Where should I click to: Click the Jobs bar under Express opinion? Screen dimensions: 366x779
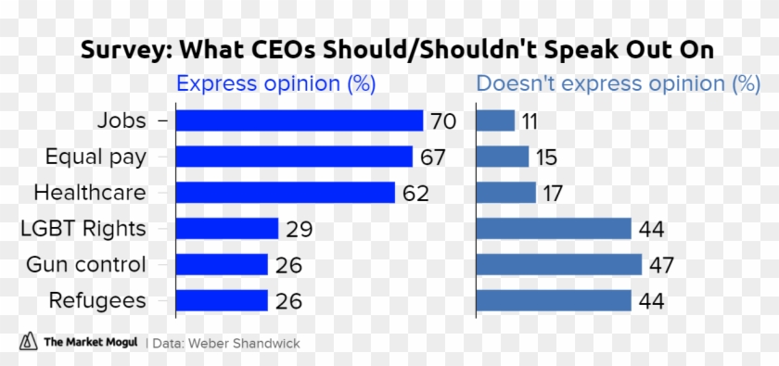coord(299,120)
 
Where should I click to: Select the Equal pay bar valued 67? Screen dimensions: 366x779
coord(293,157)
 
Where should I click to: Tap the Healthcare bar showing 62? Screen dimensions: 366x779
coord(285,193)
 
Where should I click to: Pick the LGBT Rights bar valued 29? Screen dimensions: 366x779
coord(226,229)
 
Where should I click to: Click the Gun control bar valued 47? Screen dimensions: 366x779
coord(558,265)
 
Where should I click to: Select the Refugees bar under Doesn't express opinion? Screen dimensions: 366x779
coord(554,301)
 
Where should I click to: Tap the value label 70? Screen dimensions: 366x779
coord(441,121)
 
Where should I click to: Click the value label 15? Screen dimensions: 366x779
coord(546,158)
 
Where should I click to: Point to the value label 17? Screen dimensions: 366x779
coord(553,194)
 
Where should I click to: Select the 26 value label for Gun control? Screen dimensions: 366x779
coord(288,266)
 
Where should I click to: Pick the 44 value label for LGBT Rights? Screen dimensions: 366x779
coord(651,230)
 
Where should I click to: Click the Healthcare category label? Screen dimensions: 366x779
coord(90,193)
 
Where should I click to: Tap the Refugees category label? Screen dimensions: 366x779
coord(99,301)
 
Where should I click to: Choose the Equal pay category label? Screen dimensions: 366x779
coord(96,157)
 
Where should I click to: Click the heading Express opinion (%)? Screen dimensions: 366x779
coord(275,84)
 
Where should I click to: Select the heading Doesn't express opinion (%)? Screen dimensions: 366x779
coord(618,84)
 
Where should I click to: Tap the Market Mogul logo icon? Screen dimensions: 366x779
coord(28,342)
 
